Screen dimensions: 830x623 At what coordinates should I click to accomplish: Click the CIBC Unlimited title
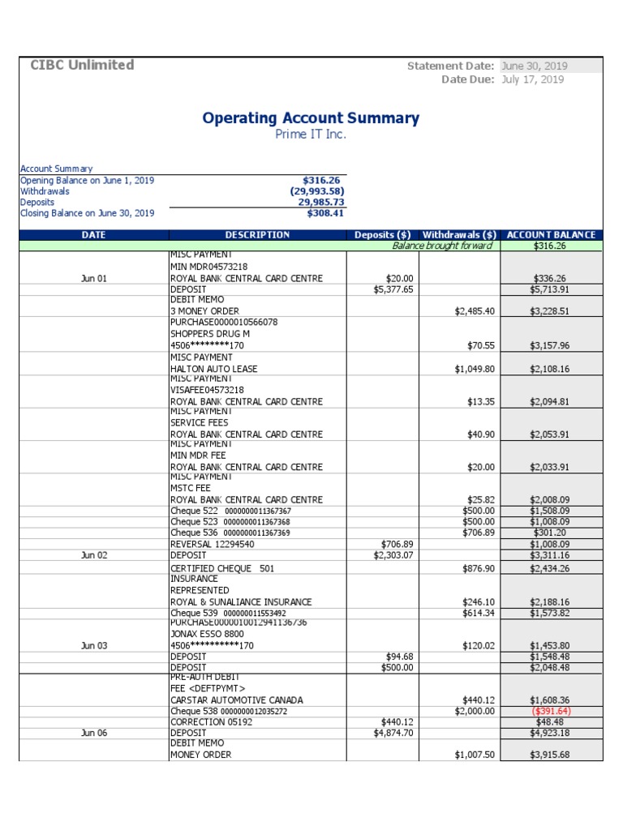tap(82, 66)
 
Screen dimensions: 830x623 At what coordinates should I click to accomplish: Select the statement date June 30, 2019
tap(535, 66)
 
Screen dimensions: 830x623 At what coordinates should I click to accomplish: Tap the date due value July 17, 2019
tap(533, 79)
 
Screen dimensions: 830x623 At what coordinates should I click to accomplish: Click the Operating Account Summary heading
tap(311, 118)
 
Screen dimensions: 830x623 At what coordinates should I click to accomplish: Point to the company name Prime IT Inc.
tap(311, 135)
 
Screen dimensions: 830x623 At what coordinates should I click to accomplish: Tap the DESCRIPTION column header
tap(257, 235)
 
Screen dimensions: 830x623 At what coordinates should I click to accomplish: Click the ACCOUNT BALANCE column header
tap(551, 235)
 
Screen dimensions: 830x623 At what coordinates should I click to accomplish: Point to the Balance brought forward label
tap(441, 246)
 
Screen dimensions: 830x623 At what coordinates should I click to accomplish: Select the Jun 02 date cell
tap(94, 556)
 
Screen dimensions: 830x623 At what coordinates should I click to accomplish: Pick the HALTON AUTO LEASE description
tap(213, 369)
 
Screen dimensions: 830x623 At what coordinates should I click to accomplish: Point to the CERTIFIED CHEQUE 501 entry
tap(222, 569)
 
